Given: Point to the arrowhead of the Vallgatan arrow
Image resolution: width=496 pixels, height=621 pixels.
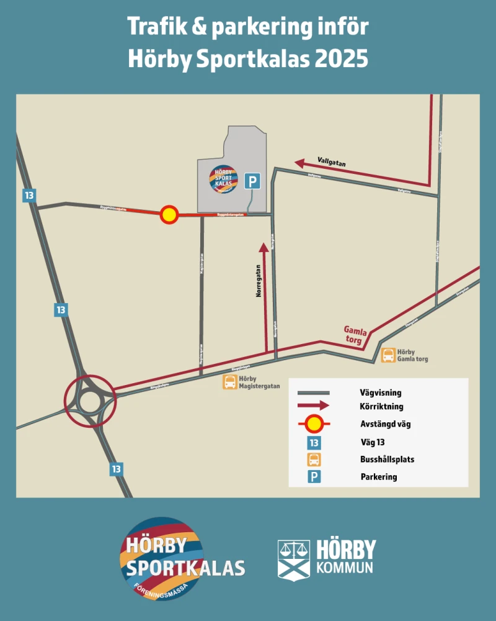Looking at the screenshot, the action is [299, 163].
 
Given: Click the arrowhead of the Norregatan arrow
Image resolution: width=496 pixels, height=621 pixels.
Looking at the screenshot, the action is [264, 247].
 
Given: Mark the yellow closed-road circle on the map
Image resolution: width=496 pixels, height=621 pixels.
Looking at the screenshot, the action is [169, 215].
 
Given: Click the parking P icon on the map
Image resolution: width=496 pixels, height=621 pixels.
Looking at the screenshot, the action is [252, 181].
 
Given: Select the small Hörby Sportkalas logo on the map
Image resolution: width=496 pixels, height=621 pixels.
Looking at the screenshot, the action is [223, 179].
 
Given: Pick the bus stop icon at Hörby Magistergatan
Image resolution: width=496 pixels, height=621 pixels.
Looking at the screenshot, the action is [229, 382].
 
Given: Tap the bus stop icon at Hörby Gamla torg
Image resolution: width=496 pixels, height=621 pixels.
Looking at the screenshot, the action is [388, 355].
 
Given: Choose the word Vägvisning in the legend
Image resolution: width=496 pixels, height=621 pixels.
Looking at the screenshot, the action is [380, 393].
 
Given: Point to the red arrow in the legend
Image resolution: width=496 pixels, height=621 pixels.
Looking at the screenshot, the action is [314, 407].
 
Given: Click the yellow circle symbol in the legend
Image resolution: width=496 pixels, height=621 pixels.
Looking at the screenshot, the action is [314, 425].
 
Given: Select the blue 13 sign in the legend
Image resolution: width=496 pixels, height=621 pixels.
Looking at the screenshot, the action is [314, 443].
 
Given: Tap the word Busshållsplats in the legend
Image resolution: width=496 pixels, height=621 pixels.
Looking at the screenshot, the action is [387, 460].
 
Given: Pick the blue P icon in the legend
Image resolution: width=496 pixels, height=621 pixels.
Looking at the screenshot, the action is [314, 477].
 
